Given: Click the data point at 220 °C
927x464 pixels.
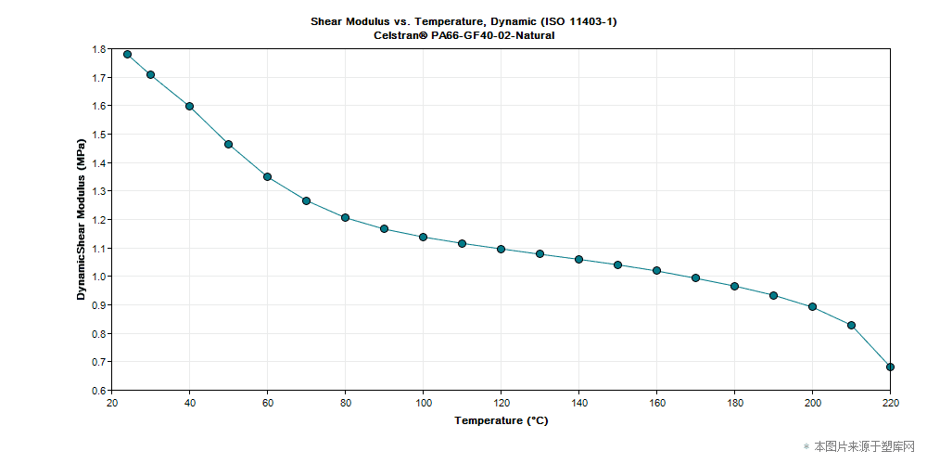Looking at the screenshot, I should pyautogui.click(x=890, y=367).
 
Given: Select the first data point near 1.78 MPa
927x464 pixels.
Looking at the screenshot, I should pyautogui.click(x=128, y=54).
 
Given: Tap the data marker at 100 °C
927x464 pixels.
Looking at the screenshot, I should pyautogui.click(x=424, y=237).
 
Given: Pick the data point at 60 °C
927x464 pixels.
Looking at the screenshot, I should pyautogui.click(x=267, y=176).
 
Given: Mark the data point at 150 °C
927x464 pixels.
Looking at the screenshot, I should pyautogui.click(x=617, y=264).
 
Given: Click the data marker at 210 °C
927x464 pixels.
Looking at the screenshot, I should pyautogui.click(x=851, y=325).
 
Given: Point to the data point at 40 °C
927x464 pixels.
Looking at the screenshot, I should pyautogui.click(x=189, y=106).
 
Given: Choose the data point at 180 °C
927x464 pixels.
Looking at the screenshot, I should pyautogui.click(x=734, y=286).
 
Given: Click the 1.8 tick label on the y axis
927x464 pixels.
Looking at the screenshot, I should pyautogui.click(x=98, y=49).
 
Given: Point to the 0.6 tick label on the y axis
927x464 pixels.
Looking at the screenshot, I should pyautogui.click(x=98, y=391).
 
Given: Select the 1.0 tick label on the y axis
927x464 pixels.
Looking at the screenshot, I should pyautogui.click(x=98, y=277).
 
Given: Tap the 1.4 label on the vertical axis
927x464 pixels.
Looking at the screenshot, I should pyautogui.click(x=98, y=163).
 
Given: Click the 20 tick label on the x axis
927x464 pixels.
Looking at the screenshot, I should pyautogui.click(x=112, y=403).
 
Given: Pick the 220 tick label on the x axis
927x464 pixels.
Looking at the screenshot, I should pyautogui.click(x=890, y=403).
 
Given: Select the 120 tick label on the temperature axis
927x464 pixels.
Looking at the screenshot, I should pyautogui.click(x=501, y=403).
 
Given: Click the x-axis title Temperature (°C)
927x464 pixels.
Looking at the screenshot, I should pyautogui.click(x=501, y=420).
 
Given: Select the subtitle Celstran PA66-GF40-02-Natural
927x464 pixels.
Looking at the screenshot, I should pyautogui.click(x=463, y=35).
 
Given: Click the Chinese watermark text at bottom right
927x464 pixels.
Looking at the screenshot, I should pyautogui.click(x=864, y=446).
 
